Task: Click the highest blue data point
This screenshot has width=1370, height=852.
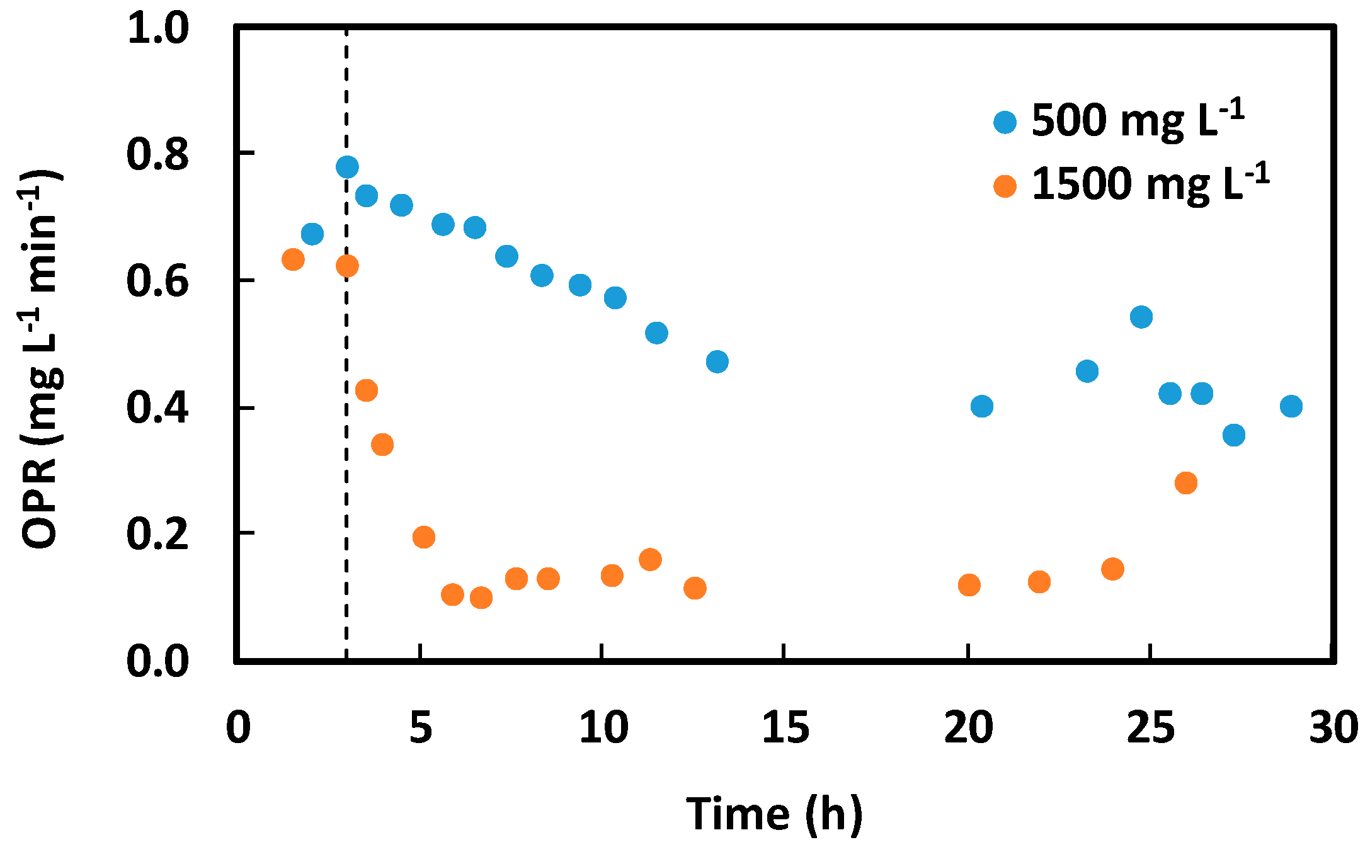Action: pos(347,167)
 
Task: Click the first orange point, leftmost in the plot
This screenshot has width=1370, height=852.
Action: pos(293,259)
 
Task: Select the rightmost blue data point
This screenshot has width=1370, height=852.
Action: pos(1291,406)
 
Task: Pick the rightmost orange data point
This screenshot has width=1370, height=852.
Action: pos(1185,483)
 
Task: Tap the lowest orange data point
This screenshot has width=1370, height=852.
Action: pos(481,597)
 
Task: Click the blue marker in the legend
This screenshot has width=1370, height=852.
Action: pos(1005,122)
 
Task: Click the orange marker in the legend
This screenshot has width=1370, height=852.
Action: pos(1005,186)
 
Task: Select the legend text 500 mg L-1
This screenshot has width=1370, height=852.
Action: pos(1138,120)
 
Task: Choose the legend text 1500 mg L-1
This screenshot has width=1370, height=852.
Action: pos(1150,184)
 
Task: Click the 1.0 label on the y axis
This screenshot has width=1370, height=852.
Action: pos(157,29)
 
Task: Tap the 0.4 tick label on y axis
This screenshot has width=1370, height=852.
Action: pos(157,408)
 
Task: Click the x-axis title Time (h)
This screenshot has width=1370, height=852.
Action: pos(774,814)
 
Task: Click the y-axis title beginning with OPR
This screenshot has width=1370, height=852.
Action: pos(42,359)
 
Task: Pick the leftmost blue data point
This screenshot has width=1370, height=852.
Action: pos(312,234)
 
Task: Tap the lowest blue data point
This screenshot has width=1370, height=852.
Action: pos(1233,435)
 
